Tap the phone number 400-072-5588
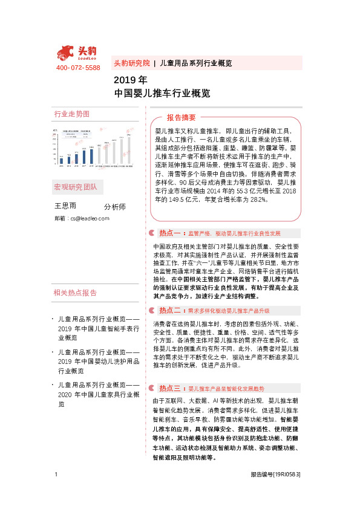[x=78, y=68]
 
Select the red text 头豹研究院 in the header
[x=131, y=63]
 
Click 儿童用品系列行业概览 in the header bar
[x=195, y=63]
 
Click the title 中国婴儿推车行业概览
[x=162, y=94]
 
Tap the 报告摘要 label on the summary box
[x=181, y=117]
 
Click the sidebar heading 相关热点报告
[x=76, y=293]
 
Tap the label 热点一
[x=169, y=233]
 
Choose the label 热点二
[x=169, y=310]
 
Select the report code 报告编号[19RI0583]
[x=275, y=475]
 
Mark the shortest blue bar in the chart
[x=61, y=160]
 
